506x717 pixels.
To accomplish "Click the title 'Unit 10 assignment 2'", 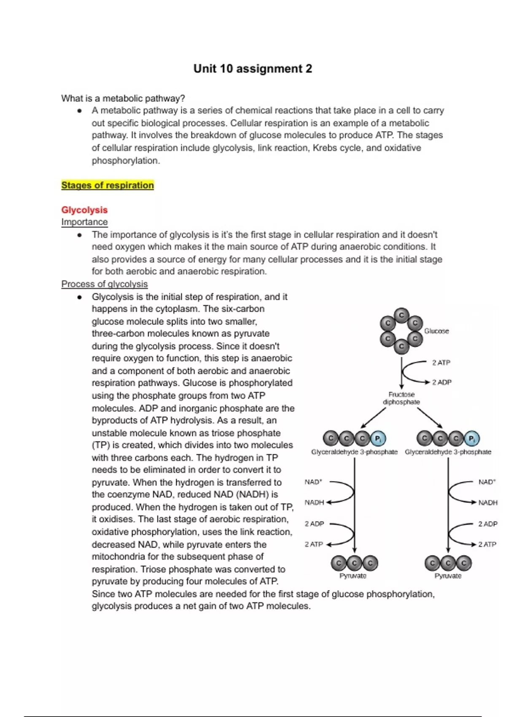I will point(253,69).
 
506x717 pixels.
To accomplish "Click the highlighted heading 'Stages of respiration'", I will point(108,185).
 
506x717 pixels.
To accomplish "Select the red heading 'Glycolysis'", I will point(84,210).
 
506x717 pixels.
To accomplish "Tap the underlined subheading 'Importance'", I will point(84,222).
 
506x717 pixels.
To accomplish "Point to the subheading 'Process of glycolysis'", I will point(105,284).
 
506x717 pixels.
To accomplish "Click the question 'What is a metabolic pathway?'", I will point(123,98).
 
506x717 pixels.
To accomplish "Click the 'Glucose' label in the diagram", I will point(436,331).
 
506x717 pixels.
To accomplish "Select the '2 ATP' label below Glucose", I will point(441,363).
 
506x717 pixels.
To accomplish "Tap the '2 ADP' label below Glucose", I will point(441,382).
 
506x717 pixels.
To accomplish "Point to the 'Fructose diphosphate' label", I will point(401,398).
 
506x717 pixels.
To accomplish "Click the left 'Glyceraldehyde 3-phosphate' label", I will point(354,452).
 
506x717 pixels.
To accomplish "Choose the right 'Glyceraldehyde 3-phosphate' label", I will point(448,452).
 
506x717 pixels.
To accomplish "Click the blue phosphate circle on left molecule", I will point(378,439).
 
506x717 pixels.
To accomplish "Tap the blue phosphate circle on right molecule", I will point(471,439).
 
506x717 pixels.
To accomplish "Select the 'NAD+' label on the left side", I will point(313,482).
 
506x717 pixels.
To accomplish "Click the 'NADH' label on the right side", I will point(488,503).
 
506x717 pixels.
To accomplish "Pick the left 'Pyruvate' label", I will point(353,576).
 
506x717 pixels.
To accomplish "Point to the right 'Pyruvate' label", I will point(448,576).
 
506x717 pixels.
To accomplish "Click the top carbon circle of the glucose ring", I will point(401,315).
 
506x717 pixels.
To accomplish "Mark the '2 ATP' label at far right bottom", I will point(487,544).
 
